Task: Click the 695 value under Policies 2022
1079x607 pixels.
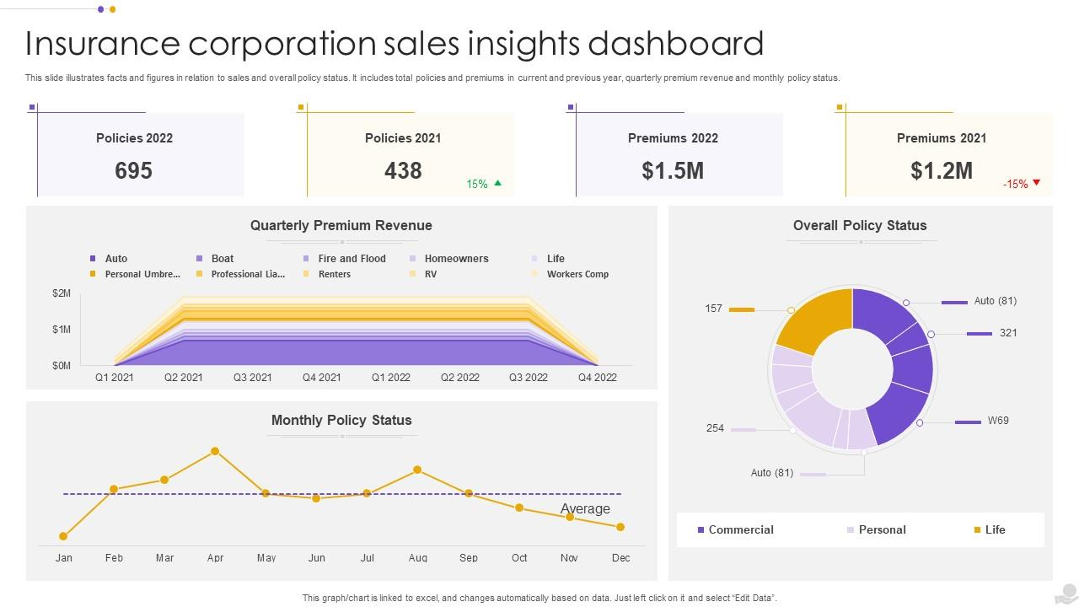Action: click(133, 171)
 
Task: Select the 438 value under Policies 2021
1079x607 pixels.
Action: click(403, 171)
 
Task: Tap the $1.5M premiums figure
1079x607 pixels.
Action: click(673, 171)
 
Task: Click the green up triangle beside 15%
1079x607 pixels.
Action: click(497, 183)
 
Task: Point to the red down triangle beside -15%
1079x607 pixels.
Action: click(1036, 183)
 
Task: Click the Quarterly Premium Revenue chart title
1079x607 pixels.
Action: click(341, 225)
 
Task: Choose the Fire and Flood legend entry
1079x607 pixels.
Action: click(352, 259)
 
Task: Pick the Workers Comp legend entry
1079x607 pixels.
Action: click(577, 274)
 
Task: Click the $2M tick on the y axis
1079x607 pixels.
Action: click(62, 293)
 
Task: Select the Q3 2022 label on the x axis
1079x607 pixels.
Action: click(529, 378)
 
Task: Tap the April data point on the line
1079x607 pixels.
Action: click(215, 451)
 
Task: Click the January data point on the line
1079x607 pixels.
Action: click(63, 536)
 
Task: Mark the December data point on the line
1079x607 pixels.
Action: click(620, 527)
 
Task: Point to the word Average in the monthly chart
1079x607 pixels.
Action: click(585, 509)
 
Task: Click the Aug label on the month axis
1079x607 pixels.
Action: click(418, 557)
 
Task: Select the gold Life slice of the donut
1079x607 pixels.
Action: click(811, 320)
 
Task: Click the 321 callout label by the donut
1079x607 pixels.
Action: click(1008, 333)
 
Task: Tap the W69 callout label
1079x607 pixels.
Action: click(998, 421)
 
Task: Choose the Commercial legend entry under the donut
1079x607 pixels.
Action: click(740, 529)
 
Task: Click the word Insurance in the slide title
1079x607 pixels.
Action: click(102, 43)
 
